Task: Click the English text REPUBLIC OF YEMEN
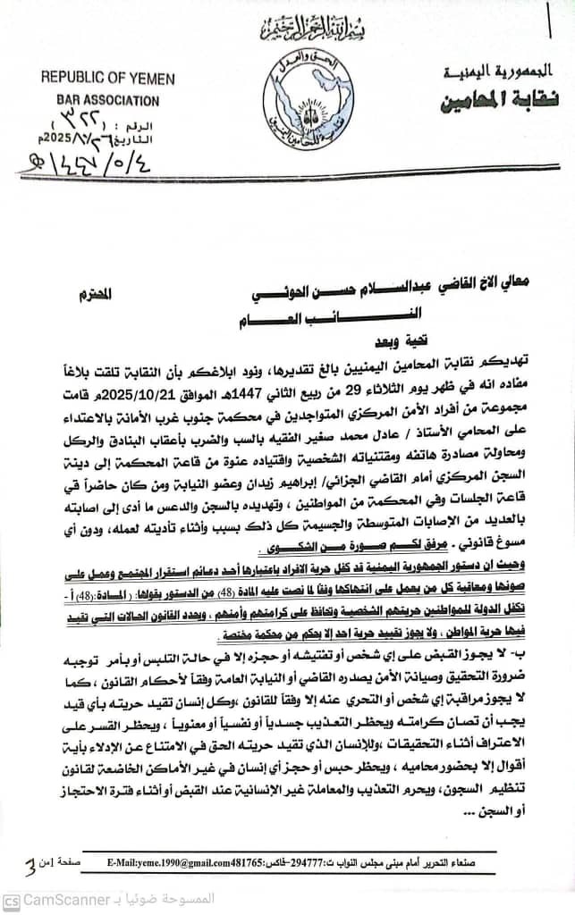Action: click(x=107, y=78)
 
